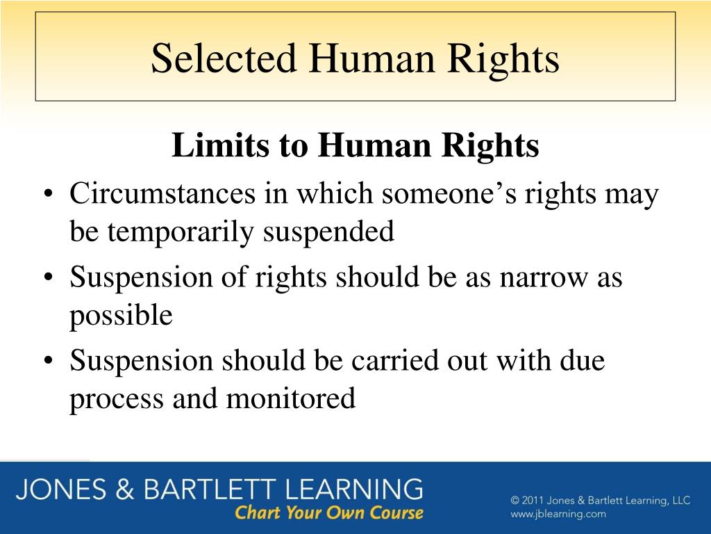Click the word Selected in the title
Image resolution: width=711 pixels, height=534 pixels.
224,58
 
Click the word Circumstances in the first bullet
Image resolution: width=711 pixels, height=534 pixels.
162,193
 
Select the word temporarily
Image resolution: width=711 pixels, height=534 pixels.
181,232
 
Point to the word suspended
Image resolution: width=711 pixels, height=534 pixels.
328,232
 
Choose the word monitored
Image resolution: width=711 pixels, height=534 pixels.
291,398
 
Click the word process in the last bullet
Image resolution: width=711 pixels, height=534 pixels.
116,400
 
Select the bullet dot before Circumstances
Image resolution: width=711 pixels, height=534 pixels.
49,195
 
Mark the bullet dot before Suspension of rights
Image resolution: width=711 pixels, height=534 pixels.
49,278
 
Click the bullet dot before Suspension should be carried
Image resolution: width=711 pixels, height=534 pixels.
49,362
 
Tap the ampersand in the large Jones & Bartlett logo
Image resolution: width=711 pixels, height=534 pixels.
125,489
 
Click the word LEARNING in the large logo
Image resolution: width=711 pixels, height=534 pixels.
354,489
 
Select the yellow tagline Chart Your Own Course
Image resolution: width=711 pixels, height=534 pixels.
328,513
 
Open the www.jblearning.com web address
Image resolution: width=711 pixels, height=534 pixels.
558,514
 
